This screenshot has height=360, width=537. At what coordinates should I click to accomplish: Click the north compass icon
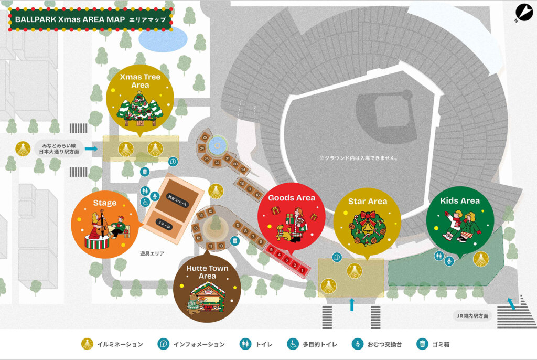tap(524, 12)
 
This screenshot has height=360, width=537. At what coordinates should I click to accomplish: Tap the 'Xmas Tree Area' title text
tap(140, 81)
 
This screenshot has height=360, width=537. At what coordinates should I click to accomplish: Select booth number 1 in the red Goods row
tap(303, 269)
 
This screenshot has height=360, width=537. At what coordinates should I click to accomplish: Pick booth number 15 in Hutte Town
tap(210, 211)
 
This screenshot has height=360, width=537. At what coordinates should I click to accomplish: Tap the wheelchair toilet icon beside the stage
tap(145, 202)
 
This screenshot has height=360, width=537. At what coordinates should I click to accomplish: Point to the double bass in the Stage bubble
tap(102, 226)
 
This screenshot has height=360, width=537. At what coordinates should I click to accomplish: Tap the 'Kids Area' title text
tap(460, 200)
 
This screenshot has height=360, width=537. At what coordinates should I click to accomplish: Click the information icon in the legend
tap(164, 344)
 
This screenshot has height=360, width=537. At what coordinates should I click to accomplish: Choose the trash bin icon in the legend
tap(422, 344)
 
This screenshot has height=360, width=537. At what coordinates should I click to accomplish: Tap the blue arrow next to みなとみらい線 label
tap(91, 149)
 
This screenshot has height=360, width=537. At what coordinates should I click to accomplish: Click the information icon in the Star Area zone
tap(337, 257)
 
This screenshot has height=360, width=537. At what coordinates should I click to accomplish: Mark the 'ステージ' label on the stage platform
tap(164, 223)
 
